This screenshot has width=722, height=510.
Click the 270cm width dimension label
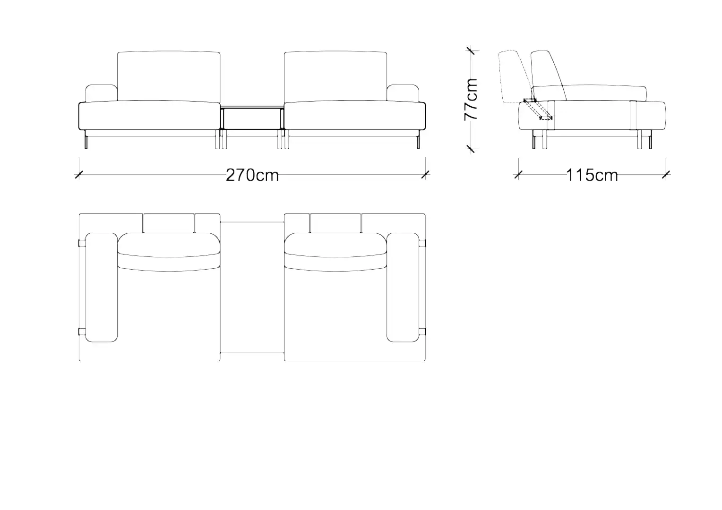(x=252, y=175)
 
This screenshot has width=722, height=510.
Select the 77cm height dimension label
(x=471, y=100)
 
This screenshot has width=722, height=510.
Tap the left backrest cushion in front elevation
(x=169, y=76)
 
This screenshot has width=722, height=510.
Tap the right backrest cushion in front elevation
(x=335, y=76)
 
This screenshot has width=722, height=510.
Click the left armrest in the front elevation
(x=101, y=93)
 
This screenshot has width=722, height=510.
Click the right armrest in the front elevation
(x=403, y=93)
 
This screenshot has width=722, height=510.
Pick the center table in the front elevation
(x=252, y=118)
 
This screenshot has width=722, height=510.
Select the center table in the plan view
(x=252, y=288)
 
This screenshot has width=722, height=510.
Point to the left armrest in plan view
(x=101, y=288)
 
